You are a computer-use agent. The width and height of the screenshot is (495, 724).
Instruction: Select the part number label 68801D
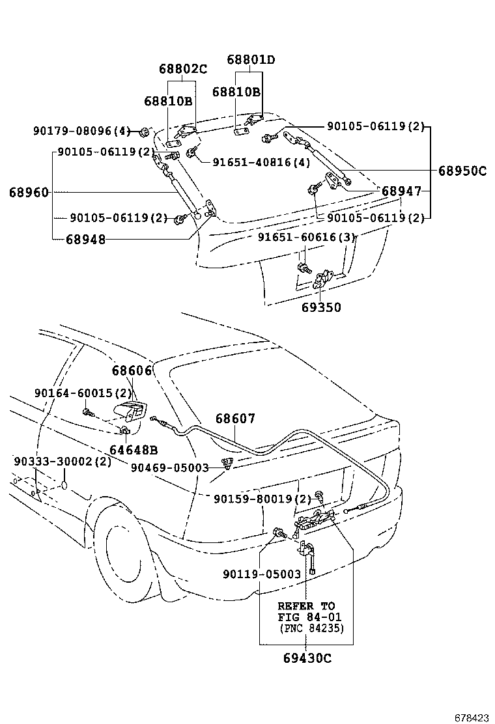point(251,60)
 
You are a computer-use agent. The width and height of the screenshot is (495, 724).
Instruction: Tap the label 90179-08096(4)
point(82,131)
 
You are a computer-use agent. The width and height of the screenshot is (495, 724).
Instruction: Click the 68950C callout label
point(462,171)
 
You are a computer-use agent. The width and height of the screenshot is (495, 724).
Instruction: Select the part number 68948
point(85,239)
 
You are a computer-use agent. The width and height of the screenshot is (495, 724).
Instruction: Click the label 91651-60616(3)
point(306,238)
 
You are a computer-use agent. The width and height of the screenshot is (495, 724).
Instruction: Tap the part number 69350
point(321,307)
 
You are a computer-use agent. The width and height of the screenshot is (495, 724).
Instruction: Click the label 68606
point(131,370)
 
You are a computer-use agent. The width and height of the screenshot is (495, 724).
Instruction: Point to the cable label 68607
point(235,419)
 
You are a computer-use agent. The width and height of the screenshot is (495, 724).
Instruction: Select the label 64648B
point(134,449)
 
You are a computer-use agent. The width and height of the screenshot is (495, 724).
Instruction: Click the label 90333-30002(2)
point(63,462)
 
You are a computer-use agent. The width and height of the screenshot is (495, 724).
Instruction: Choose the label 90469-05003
point(169,467)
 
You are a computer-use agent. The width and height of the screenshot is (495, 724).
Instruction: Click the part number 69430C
point(307,658)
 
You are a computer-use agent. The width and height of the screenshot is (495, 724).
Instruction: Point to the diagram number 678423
point(471,717)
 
